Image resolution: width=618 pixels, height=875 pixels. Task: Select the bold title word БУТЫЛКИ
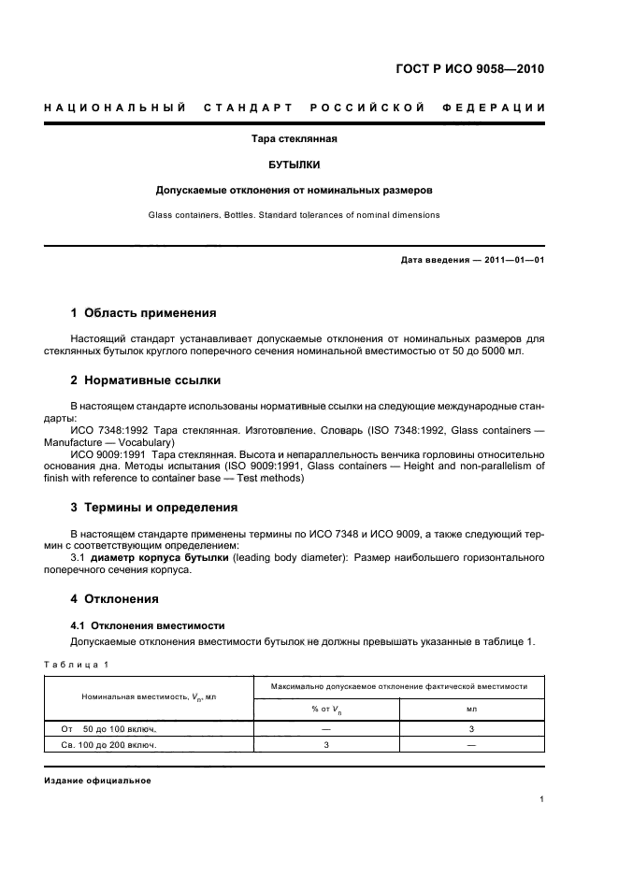[294, 165]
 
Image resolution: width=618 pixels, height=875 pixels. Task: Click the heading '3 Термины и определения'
[154, 507]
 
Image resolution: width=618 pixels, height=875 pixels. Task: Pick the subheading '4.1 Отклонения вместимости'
[148, 624]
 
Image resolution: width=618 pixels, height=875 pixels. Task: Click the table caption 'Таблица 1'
[76, 664]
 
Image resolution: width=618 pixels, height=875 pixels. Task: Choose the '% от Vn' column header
[326, 709]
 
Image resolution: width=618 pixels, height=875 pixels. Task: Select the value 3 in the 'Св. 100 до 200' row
[326, 745]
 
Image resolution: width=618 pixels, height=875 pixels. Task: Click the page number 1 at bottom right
[541, 799]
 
